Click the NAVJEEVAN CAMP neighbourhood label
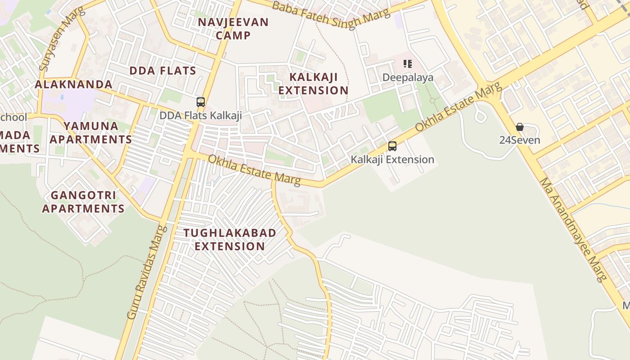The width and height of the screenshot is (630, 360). tap(233, 28)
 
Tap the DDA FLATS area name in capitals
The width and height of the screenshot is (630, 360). tap(163, 71)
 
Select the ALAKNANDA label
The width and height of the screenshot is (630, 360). tap(74, 84)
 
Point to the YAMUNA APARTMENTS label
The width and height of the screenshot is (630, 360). tap(91, 132)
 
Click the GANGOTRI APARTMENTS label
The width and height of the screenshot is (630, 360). tap(83, 202)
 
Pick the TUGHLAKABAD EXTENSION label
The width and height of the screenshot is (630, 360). tap(230, 239)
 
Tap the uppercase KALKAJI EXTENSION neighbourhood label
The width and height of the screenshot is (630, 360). tap(313, 83)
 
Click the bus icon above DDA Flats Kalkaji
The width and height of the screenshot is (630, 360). tap(201, 102)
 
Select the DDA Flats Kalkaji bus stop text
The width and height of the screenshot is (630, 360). tap(201, 116)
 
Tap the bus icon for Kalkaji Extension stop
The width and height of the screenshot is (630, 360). tap(392, 146)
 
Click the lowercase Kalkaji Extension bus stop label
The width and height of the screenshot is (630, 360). tap(392, 159)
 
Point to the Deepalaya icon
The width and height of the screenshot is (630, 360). tap(408, 64)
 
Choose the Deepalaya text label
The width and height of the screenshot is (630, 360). tap(408, 77)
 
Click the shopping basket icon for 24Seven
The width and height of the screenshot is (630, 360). tap(520, 127)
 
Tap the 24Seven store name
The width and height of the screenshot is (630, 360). tap(520, 140)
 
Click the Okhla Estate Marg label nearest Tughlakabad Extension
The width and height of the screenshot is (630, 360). tap(254, 170)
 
